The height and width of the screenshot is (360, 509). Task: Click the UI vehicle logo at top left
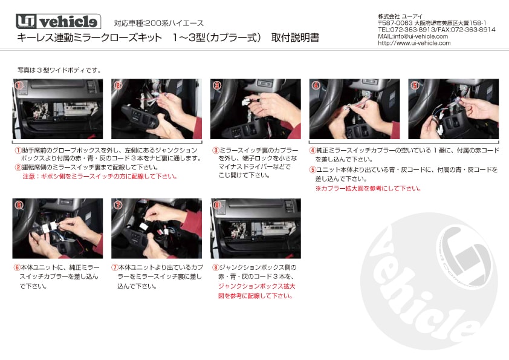tap(57, 22)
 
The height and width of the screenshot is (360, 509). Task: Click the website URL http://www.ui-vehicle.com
tap(414, 43)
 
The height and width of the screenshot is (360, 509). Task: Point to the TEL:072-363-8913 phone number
tap(406, 29)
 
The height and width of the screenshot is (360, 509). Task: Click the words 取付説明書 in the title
tap(295, 38)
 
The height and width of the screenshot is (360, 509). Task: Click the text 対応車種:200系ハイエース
tap(159, 23)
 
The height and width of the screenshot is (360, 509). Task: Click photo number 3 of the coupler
tap(255, 109)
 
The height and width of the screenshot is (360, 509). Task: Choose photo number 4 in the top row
tap(354, 109)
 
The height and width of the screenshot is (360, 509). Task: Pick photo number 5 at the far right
tap(453, 109)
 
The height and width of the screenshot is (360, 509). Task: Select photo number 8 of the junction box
tap(255, 228)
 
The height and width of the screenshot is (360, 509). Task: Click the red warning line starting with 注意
tap(100, 177)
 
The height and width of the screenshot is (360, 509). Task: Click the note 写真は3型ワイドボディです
tap(59, 70)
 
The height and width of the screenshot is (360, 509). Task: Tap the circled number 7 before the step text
tap(114, 267)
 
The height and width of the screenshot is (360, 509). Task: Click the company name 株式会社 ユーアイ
tap(401, 16)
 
